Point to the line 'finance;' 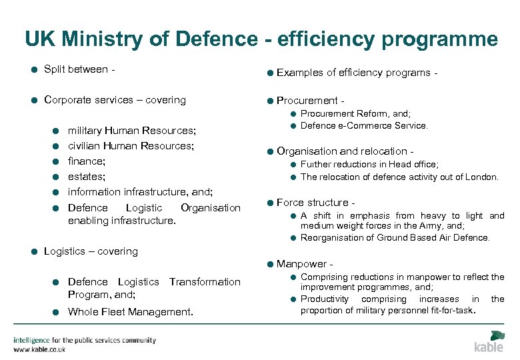(x=86, y=161)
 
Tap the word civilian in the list (x=85, y=146)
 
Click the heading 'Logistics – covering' (x=91, y=251)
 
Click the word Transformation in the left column (x=205, y=282)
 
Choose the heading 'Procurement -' (x=310, y=101)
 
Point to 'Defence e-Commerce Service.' (x=364, y=125)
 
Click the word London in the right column (x=481, y=177)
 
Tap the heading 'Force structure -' (x=316, y=203)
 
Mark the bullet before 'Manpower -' (x=269, y=265)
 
